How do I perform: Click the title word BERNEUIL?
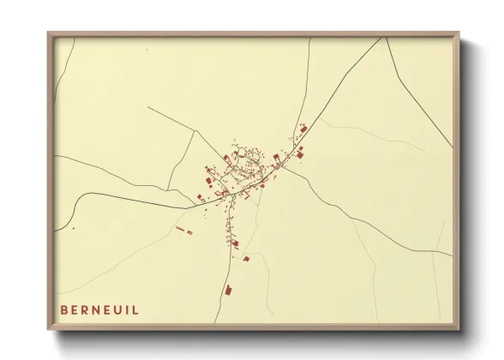(99, 309)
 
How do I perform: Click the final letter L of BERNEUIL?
(135, 309)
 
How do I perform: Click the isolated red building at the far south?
(229, 291)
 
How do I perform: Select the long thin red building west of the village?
(180, 229)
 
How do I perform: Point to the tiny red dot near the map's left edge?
(74, 229)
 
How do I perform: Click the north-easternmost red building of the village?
(303, 129)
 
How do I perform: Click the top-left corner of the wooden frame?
(49, 33)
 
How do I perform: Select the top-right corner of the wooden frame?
(459, 33)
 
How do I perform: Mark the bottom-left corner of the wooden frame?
(49, 329)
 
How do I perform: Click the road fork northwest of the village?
(197, 131)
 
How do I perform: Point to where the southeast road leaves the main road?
(283, 169)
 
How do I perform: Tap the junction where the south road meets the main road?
(234, 195)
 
